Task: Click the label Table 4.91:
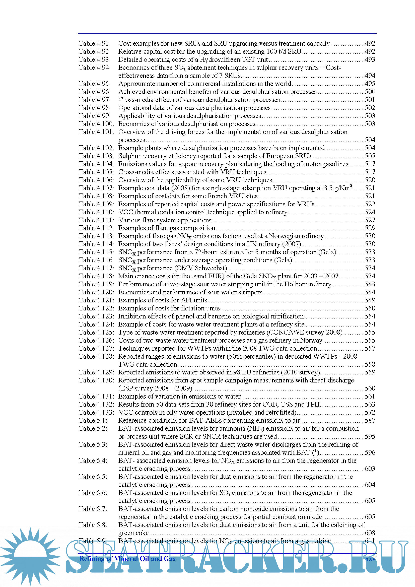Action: coord(95,44)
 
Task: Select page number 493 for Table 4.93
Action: coord(370,59)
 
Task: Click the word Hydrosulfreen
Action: coord(222,59)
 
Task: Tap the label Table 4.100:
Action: coord(96,124)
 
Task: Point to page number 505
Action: coord(370,156)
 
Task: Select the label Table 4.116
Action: coord(96,260)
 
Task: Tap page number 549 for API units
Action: coord(370,300)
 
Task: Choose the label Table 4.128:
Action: coord(96,356)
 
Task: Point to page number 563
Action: coord(370,405)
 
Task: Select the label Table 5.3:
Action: coord(93,445)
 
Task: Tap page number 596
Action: coord(370,452)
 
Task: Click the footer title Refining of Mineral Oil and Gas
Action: coord(127,559)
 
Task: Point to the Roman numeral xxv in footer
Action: coord(370,559)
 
